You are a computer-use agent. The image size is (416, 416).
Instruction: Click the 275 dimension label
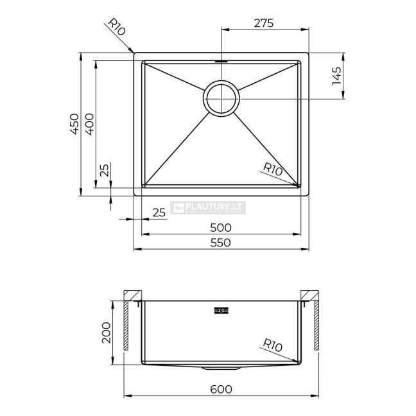pos(263,23)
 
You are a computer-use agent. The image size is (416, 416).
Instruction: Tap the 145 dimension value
pos(336,76)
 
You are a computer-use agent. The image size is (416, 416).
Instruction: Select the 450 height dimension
pos(74,124)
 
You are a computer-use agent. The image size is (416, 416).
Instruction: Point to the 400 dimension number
pos(89,124)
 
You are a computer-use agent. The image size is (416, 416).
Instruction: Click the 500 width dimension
pos(221,228)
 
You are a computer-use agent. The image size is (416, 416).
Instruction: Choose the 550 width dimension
pos(221,243)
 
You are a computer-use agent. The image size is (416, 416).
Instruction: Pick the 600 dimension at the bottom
pos(221,389)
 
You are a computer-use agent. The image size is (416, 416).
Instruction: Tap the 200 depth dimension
pos(106,333)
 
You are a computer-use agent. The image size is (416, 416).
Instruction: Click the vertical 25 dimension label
pos(104,170)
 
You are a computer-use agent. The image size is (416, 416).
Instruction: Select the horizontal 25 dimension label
pos(159,212)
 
